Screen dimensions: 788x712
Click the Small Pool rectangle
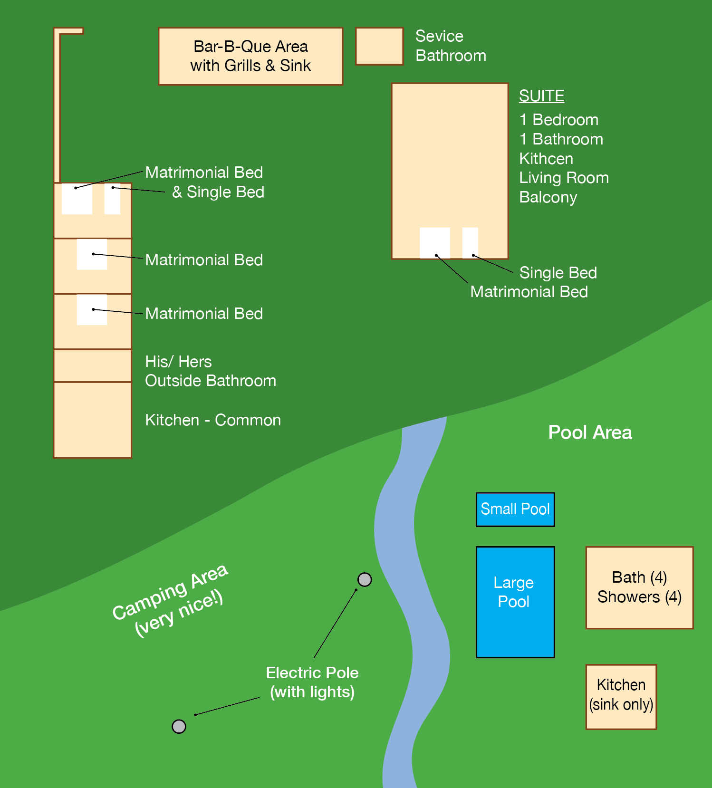515,509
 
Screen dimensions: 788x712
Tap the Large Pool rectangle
515,602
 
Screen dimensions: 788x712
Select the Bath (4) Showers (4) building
639,587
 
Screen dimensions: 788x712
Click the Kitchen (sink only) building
621,697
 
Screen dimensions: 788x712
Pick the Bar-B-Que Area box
250,56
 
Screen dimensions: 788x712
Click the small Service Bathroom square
379,46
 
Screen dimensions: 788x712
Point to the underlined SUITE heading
541,96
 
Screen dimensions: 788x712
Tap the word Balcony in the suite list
548,197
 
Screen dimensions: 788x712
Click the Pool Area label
590,432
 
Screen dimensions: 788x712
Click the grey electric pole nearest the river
365,579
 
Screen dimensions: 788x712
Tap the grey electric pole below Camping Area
179,726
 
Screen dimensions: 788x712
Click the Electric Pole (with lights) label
312,682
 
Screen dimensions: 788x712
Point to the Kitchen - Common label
213,420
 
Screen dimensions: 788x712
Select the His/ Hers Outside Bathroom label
211,371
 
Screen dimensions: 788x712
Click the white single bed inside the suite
470,242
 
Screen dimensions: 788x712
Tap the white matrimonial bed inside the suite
435,242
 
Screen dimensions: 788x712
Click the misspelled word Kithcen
546,159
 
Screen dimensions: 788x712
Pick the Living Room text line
564,178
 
